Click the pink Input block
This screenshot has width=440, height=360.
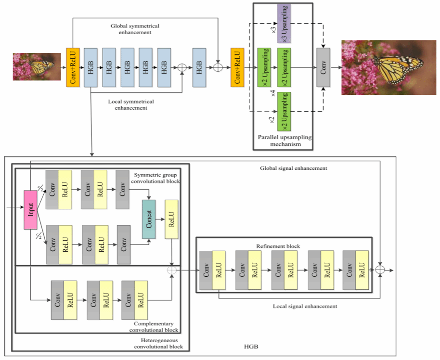click(x=31, y=209)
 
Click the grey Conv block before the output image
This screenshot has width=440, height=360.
click(x=324, y=68)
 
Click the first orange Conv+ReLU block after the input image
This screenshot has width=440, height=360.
click(x=73, y=68)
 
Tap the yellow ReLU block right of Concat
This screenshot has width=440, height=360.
click(x=172, y=219)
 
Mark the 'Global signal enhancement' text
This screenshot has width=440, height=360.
click(x=294, y=168)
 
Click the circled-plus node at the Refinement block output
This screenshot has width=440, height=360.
click(x=381, y=270)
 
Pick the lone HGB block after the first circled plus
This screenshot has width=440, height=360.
click(x=199, y=68)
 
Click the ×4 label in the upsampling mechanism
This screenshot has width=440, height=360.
click(x=273, y=93)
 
